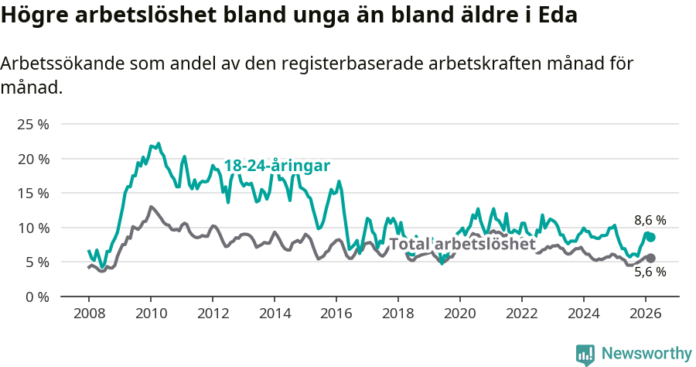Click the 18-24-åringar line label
click(x=277, y=166)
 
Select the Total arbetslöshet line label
click(x=462, y=244)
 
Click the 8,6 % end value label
click(x=650, y=221)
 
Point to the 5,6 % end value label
click(x=650, y=272)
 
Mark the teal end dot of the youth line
click(x=650, y=237)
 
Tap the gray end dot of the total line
click(x=650, y=258)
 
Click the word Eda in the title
click(x=557, y=15)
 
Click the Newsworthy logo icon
click(x=585, y=355)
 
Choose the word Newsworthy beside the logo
click(x=646, y=354)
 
